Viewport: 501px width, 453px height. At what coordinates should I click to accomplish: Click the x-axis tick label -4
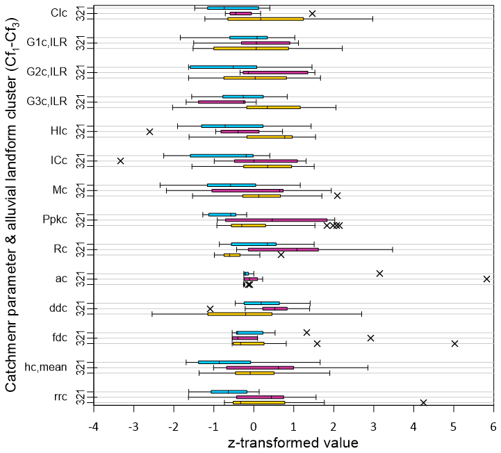[94, 427]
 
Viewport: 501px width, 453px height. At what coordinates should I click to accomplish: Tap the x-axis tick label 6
[493, 427]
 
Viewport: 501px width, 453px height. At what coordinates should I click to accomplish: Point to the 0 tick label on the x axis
[254, 427]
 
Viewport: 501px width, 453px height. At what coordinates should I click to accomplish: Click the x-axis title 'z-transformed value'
[293, 443]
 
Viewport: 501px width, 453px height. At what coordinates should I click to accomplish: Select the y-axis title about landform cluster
[12, 205]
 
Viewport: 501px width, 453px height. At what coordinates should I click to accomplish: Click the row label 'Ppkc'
[55, 220]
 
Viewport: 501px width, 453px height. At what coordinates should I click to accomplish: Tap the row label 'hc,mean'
[46, 368]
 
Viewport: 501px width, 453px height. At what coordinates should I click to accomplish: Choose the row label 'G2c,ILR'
[47, 72]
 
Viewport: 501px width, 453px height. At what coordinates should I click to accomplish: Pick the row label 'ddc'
[58, 308]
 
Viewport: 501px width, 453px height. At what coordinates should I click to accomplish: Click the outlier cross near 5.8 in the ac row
[486, 279]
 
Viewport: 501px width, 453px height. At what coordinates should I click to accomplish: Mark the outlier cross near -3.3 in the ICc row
[120, 161]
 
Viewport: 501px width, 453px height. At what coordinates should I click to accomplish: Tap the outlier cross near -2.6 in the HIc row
[149, 131]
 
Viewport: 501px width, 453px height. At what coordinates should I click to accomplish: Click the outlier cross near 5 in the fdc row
[454, 343]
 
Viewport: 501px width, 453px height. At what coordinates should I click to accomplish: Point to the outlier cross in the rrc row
[423, 402]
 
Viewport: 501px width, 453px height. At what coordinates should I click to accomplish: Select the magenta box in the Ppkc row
[276, 220]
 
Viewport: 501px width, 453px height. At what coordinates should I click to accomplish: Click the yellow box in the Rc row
[232, 255]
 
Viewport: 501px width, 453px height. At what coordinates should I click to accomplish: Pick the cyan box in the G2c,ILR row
[223, 67]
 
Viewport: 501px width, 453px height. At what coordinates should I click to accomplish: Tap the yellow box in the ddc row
[240, 314]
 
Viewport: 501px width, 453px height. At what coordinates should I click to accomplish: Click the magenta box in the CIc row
[240, 13]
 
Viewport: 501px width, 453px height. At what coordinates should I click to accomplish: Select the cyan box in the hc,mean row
[224, 362]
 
